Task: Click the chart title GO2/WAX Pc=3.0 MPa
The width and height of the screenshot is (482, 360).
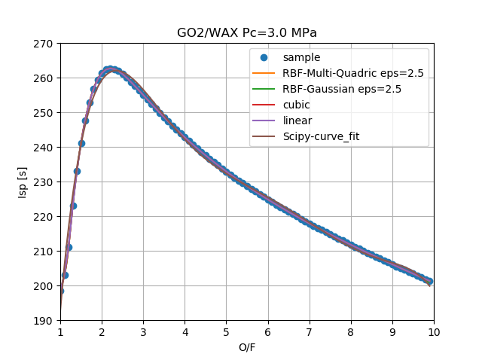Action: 246,33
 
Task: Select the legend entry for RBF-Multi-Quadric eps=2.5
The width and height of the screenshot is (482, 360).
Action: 352,73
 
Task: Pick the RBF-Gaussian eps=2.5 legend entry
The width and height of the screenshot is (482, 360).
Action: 341,89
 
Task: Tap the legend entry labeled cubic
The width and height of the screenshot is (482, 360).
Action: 297,105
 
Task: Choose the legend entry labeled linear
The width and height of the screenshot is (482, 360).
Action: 297,121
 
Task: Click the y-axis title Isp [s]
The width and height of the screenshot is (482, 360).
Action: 23,182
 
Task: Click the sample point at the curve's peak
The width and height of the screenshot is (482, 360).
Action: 110,69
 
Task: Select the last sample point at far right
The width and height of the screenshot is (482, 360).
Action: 429,281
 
